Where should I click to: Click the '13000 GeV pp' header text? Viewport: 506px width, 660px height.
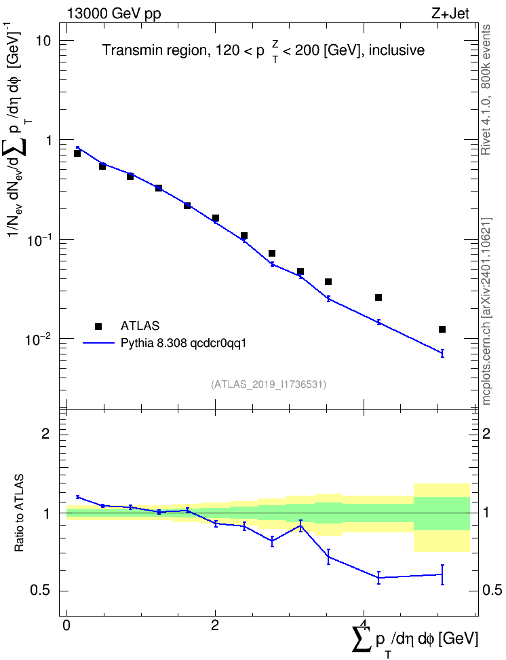click(x=113, y=14)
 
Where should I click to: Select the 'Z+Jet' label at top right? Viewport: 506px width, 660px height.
click(x=450, y=14)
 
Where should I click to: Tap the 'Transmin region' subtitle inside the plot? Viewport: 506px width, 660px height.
click(x=155, y=50)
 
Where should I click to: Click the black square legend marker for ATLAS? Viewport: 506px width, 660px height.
click(x=98, y=326)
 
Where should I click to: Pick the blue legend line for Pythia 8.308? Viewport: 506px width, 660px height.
click(x=98, y=343)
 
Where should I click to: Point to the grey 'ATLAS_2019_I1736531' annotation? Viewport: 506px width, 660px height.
click(x=269, y=384)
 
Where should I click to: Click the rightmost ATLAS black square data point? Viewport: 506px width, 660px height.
click(x=442, y=329)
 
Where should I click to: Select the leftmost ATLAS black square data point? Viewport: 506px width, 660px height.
click(x=77, y=153)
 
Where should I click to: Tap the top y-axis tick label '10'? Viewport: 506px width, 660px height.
click(x=43, y=41)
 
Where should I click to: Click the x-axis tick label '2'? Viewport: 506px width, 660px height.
click(x=215, y=625)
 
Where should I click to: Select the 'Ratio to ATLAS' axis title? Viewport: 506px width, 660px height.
click(x=19, y=513)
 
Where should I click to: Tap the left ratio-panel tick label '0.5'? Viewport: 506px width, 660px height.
click(x=41, y=591)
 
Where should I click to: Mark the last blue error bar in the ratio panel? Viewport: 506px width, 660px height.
click(x=442, y=574)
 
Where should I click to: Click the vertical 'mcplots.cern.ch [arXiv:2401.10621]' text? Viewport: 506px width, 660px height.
click(x=486, y=311)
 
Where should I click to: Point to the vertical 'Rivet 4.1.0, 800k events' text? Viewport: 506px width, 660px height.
click(x=486, y=90)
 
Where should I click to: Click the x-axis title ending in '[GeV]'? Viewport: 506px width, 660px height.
click(x=414, y=639)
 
